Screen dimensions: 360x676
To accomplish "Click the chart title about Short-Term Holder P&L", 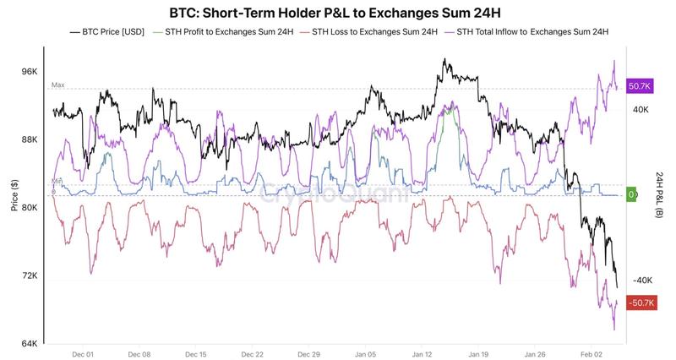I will pos(337,12).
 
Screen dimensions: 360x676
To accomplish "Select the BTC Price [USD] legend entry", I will pos(110,32).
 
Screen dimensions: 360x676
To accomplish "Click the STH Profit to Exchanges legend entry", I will pos(232,32).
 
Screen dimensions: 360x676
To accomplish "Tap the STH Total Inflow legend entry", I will pos(532,32).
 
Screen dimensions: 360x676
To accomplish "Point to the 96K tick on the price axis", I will pos(29,72).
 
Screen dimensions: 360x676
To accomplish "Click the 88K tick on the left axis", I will pos(29,140).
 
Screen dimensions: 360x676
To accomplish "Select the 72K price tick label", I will pos(29,275).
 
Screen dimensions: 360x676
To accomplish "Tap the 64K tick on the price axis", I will pos(29,344).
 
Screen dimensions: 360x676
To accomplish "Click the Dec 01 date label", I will pos(82,356).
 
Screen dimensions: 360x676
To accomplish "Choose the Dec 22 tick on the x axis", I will pos(253,356).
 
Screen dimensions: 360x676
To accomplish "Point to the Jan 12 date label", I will pos(422,356).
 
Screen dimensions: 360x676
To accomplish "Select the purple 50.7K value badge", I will pos(640,87).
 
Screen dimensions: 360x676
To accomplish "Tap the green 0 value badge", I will pos(631,194).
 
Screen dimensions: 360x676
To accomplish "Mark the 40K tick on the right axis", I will pos(640,109).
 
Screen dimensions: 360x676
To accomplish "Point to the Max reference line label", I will pos(57,85).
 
